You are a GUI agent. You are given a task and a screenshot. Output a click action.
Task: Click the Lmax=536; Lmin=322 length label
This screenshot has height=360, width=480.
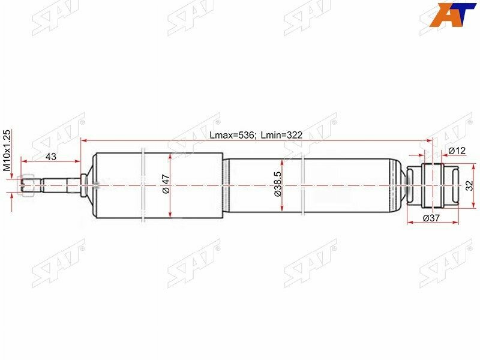click(x=256, y=135)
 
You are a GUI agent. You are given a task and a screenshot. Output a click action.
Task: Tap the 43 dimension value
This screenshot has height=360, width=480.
click(x=51, y=157)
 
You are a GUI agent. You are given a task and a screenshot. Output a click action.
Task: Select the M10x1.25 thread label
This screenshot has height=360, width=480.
click(x=8, y=151)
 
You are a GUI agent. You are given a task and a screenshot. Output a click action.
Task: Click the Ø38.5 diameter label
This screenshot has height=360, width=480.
click(x=278, y=186)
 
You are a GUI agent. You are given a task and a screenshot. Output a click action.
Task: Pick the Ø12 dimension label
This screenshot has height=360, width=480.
click(x=457, y=151)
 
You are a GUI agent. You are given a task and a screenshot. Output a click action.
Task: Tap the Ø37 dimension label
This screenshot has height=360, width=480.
click(x=433, y=218)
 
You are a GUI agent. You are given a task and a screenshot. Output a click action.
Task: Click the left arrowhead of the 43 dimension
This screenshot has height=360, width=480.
click(x=23, y=161)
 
